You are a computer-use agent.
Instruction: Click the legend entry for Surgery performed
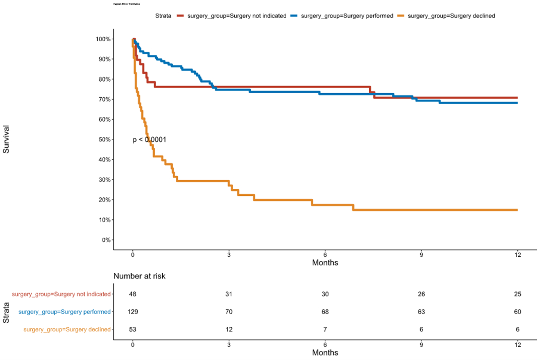tap(347, 16)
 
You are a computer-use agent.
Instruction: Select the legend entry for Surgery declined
tap(451, 16)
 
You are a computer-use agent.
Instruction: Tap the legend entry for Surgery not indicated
tap(236, 16)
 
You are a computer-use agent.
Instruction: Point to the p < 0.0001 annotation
tap(150, 139)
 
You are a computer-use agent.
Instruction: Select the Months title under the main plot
tap(325, 263)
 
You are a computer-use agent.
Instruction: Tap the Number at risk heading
tap(140, 276)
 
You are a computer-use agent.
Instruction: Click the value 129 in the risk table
tap(132, 312)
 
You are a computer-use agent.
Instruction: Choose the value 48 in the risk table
tap(132, 294)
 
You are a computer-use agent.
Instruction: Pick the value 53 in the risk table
tap(132, 329)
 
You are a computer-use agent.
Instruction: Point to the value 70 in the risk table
tap(229, 312)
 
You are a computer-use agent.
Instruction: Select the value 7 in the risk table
tap(325, 329)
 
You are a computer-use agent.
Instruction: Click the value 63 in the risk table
tap(421, 312)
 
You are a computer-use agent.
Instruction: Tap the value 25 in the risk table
tap(517, 294)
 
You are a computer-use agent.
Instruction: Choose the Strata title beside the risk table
tap(6, 312)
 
